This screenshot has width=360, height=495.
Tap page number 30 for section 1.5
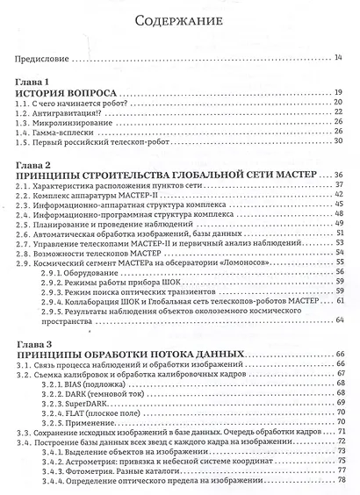coord(339,141)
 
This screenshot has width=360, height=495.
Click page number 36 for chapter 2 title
coord(339,176)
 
